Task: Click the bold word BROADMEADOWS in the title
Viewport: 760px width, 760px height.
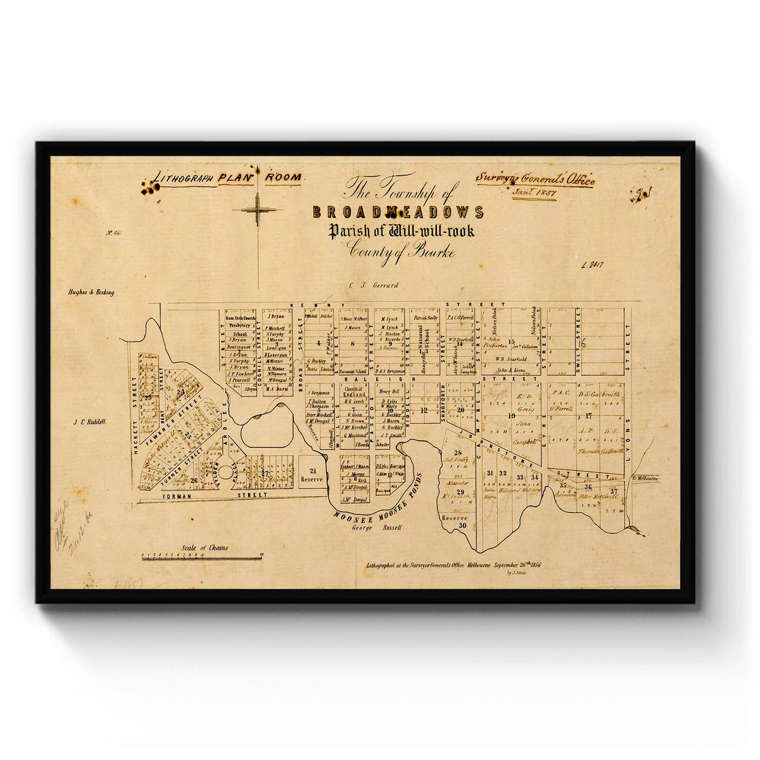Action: click(x=398, y=212)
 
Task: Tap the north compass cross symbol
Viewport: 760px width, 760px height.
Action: click(x=257, y=209)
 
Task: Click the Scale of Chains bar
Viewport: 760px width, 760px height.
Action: click(x=201, y=557)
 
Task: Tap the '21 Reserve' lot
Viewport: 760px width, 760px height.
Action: click(x=312, y=474)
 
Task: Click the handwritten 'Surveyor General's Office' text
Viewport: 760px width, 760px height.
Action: click(x=535, y=179)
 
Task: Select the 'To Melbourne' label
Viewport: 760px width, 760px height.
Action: click(x=645, y=479)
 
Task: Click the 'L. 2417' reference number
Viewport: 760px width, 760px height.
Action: click(x=593, y=267)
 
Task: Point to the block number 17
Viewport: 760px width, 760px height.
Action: click(x=588, y=415)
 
